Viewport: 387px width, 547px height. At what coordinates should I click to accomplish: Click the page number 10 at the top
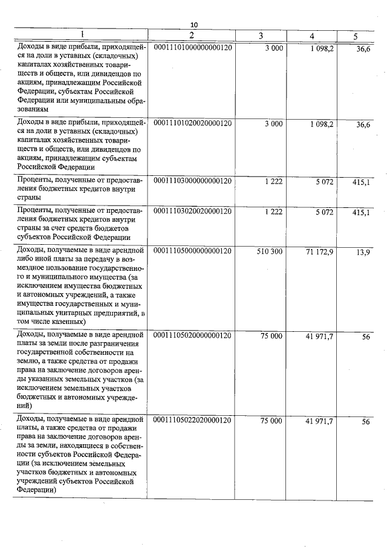click(194, 24)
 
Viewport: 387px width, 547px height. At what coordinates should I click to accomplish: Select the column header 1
click(82, 35)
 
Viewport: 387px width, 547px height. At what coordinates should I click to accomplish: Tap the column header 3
click(260, 36)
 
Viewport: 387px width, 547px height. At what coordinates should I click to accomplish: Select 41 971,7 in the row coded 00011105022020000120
click(320, 420)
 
